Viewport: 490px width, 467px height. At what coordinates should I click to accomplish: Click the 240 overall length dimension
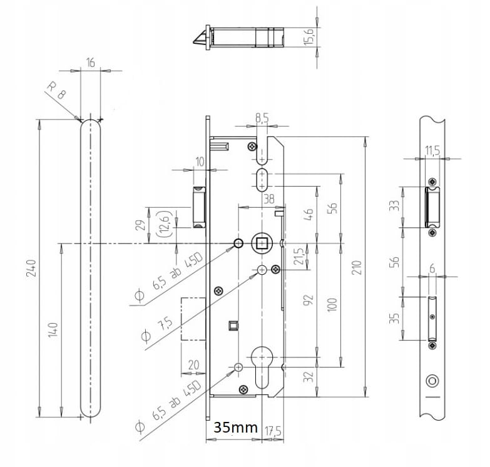(x=31, y=268)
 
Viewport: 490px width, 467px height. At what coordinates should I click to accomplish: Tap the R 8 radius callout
(x=56, y=90)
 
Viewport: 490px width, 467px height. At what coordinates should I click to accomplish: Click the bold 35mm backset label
(x=236, y=428)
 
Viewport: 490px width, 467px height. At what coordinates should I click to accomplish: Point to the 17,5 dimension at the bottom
(x=273, y=431)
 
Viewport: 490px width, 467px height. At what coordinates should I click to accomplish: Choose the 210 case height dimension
(x=357, y=267)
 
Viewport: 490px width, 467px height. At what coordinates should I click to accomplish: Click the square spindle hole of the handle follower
(x=261, y=243)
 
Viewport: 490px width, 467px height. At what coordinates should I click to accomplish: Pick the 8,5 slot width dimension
(x=262, y=118)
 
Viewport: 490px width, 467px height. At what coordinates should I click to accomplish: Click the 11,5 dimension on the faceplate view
(x=432, y=150)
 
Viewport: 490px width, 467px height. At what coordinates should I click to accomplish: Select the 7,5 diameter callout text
(x=165, y=324)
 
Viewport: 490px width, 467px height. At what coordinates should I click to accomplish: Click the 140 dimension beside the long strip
(x=53, y=329)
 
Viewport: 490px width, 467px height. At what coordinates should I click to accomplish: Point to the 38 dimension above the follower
(x=268, y=199)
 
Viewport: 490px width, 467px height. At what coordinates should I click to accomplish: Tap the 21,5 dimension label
(x=299, y=256)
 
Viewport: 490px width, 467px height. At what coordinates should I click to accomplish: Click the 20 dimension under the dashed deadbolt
(x=194, y=365)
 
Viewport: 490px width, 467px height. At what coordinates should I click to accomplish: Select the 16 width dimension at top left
(x=90, y=63)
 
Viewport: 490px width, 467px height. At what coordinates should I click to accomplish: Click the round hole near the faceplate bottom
(x=432, y=381)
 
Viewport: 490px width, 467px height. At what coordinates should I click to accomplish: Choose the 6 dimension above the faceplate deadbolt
(x=432, y=269)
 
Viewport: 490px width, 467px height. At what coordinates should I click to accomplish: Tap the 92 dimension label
(x=309, y=300)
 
